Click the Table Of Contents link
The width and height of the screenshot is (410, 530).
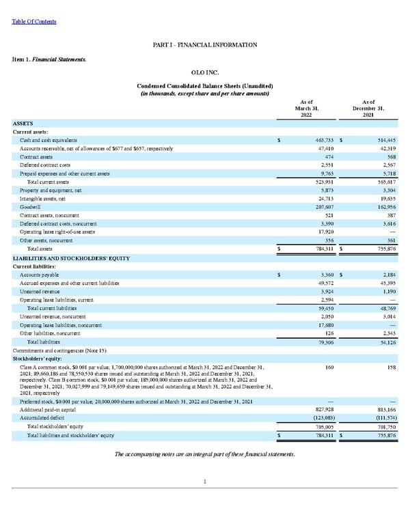34,22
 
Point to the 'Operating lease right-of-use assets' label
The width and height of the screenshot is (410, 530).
57,232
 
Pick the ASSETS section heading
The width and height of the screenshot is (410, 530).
23,124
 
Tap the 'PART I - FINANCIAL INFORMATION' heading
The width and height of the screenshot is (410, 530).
205,45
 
